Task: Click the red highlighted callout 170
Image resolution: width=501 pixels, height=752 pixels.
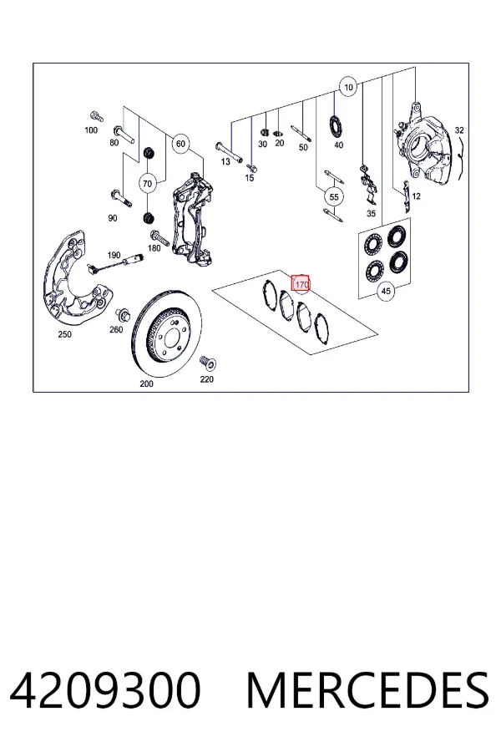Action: pos(301,284)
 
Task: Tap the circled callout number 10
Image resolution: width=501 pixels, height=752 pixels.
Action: pos(348,87)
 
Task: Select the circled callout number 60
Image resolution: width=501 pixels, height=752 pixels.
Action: pos(180,144)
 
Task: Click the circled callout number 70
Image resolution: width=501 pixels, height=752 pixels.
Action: pos(147,184)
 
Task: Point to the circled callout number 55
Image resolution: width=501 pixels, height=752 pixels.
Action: pos(334,196)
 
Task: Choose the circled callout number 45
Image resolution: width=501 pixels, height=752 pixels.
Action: pos(386,291)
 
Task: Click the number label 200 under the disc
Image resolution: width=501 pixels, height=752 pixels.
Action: pos(146,384)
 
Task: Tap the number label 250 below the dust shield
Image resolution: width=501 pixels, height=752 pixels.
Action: pos(65,334)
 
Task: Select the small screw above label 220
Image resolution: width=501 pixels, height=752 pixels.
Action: pos(208,363)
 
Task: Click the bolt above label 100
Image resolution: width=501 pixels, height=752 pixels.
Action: pos(96,116)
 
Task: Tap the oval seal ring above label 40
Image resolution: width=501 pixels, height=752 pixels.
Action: pos(336,125)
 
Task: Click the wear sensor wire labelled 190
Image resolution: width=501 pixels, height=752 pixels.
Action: pos(115,264)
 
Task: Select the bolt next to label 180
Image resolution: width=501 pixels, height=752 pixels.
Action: pos(159,238)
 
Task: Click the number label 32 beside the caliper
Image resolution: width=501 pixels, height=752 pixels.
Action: pos(459,130)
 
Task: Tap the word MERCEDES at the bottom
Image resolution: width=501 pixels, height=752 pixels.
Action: pos(367,691)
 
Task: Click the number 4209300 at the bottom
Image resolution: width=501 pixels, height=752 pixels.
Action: pos(105,691)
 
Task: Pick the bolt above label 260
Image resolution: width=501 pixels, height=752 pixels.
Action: pos(121,316)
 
